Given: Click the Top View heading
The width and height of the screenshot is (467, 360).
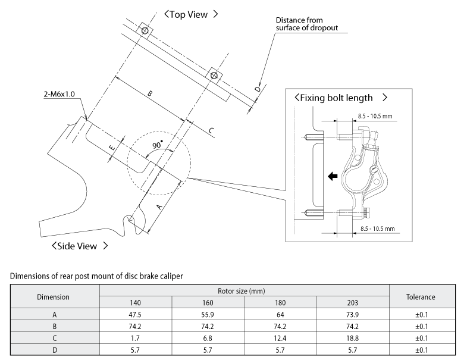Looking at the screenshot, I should [191, 14].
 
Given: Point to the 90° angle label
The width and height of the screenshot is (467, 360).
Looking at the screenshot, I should [158, 145].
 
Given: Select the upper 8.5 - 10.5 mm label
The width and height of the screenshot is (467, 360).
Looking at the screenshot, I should [376, 117].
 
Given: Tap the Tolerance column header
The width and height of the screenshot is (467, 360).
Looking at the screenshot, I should [420, 296].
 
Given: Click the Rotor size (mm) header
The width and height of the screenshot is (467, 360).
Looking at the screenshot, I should [244, 291].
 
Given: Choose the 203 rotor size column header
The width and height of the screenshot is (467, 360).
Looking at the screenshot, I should [352, 302].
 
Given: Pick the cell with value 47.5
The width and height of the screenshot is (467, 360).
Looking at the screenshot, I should [134, 314].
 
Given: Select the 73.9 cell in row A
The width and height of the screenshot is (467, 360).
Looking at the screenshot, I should [352, 314].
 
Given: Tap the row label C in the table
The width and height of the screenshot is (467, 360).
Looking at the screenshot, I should [54, 337].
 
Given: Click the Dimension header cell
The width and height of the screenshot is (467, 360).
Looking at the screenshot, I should [54, 296].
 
